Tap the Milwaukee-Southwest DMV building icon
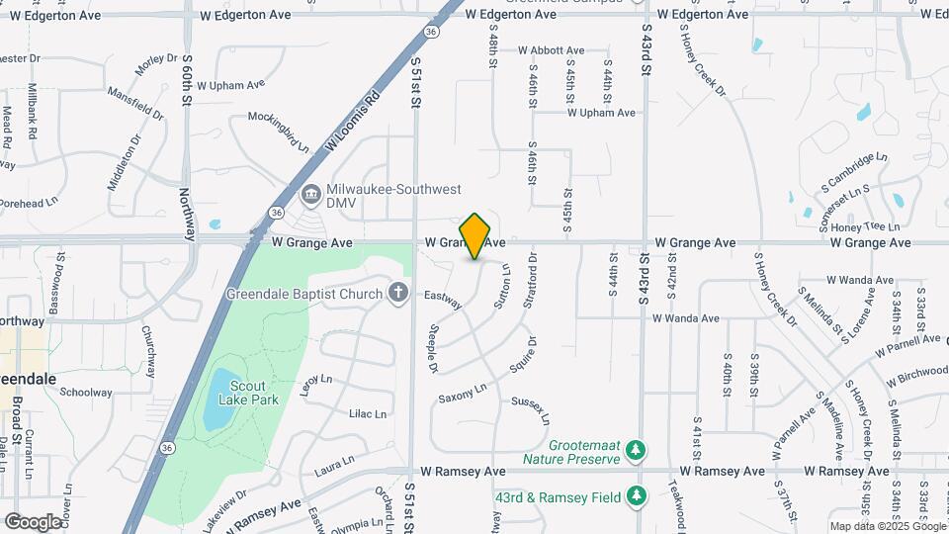310,192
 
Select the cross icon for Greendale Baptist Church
397,293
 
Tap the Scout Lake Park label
254,393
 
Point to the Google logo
33,521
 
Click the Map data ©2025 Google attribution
887,526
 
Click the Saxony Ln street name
464,394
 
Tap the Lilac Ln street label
368,413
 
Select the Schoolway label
86,393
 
